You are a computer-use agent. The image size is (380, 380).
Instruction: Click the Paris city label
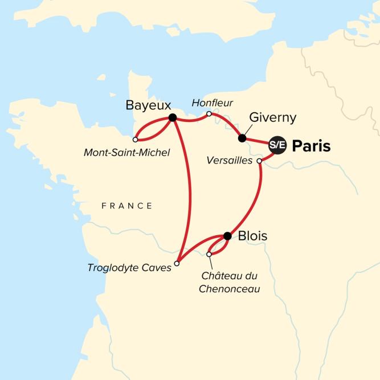click(x=311, y=146)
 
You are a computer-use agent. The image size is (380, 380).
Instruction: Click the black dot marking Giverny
click(x=242, y=138)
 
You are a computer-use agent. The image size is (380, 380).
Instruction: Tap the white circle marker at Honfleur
click(x=209, y=114)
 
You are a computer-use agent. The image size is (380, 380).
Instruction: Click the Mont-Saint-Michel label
click(x=127, y=152)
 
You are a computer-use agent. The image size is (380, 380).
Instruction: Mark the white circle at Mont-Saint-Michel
click(x=135, y=139)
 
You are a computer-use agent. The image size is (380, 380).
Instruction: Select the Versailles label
click(x=230, y=161)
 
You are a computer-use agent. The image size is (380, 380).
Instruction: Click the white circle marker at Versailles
click(x=260, y=161)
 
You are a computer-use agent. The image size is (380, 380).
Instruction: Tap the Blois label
click(x=253, y=235)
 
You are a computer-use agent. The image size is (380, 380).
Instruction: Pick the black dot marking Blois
click(x=227, y=236)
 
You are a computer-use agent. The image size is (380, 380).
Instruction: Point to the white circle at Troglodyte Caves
click(x=177, y=263)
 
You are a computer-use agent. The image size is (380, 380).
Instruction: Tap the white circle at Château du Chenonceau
click(x=209, y=254)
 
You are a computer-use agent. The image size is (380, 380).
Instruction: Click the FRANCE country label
click(x=127, y=206)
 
